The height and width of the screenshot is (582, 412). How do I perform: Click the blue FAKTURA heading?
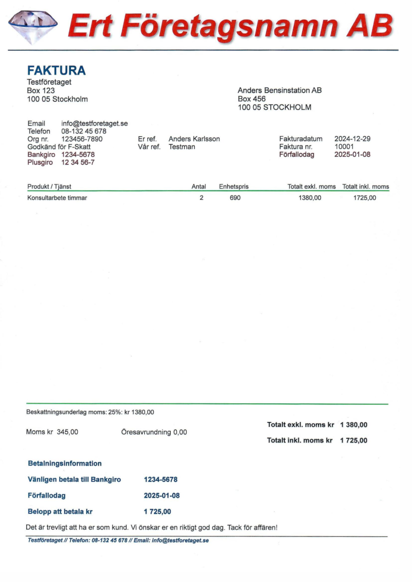point(56,71)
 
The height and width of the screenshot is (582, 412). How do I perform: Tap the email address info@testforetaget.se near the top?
point(94,124)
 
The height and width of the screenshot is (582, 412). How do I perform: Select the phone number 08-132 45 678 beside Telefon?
point(84,132)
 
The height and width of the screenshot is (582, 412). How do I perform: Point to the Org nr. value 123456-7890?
point(82,139)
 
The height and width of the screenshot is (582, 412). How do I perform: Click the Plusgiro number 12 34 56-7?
point(78,163)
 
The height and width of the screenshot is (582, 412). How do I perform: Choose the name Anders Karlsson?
point(194,139)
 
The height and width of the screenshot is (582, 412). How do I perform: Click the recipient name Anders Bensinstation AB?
point(280,91)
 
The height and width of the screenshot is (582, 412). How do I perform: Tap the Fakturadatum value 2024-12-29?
point(352,139)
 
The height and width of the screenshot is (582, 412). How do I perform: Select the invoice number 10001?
point(344,147)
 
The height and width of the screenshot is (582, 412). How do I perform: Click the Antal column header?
point(199,187)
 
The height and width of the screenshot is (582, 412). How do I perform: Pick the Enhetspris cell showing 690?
point(235,198)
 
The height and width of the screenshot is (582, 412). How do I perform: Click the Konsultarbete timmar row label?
point(57,198)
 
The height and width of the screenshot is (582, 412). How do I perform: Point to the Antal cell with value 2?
point(201,198)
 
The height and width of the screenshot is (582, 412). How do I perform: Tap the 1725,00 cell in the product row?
point(365,198)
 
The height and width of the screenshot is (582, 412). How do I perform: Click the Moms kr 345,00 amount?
point(67,432)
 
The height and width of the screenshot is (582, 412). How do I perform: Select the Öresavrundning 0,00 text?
point(154,433)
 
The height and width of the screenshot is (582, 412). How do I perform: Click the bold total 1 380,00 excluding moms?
point(354,425)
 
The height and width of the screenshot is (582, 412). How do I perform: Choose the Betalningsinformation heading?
point(65,464)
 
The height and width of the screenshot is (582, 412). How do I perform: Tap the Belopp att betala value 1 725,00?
point(157,512)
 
